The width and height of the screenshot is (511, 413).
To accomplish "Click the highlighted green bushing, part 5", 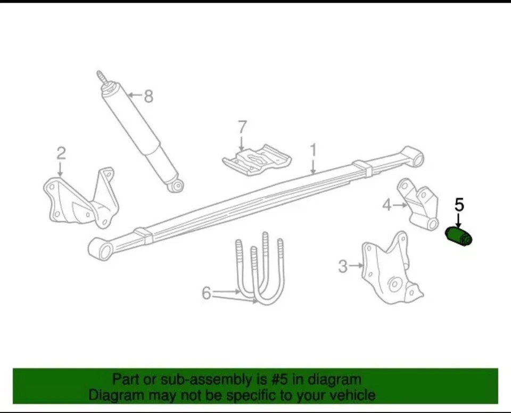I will coord(458,237).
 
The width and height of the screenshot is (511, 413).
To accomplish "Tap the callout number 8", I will coord(149,96).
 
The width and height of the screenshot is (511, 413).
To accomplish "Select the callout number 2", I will coord(61,153).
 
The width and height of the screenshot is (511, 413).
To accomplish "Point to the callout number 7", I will coord(242,127).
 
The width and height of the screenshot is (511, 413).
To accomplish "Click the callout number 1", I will coord(314,150).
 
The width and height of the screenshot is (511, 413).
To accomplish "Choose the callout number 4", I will coord(387,204).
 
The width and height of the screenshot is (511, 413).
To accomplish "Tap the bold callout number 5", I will coord(459,205).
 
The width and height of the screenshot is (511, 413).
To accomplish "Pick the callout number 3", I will coord(343,266).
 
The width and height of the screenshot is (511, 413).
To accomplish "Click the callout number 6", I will coord(207,293).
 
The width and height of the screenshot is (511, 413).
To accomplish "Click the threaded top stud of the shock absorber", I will coord(103,79).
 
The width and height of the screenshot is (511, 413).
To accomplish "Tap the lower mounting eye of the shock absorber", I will coord(177,185).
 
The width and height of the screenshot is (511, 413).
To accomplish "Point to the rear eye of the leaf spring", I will coord(415,157).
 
